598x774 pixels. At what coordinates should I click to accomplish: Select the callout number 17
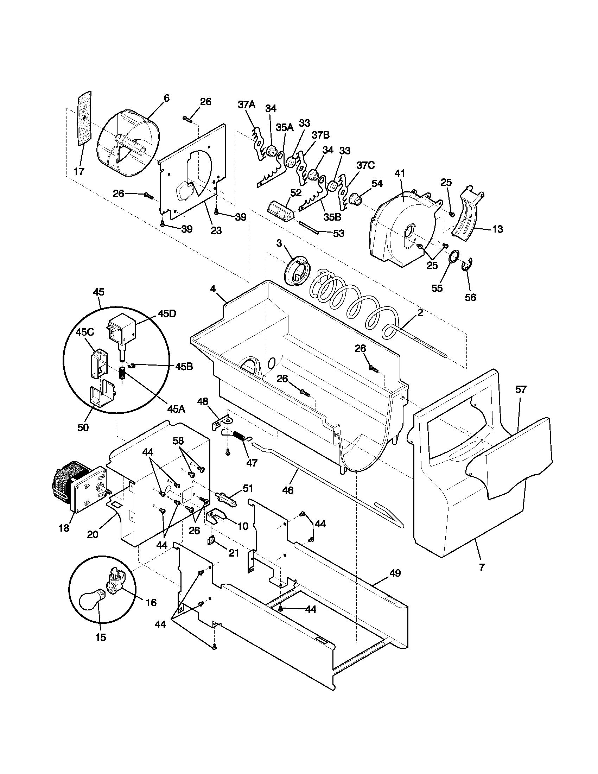click(x=79, y=172)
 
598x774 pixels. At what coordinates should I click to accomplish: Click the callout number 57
click(x=521, y=389)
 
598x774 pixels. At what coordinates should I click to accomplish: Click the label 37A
click(x=246, y=104)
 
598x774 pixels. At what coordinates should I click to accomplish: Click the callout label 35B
click(x=332, y=217)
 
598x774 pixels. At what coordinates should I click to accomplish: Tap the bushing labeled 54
click(x=356, y=199)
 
